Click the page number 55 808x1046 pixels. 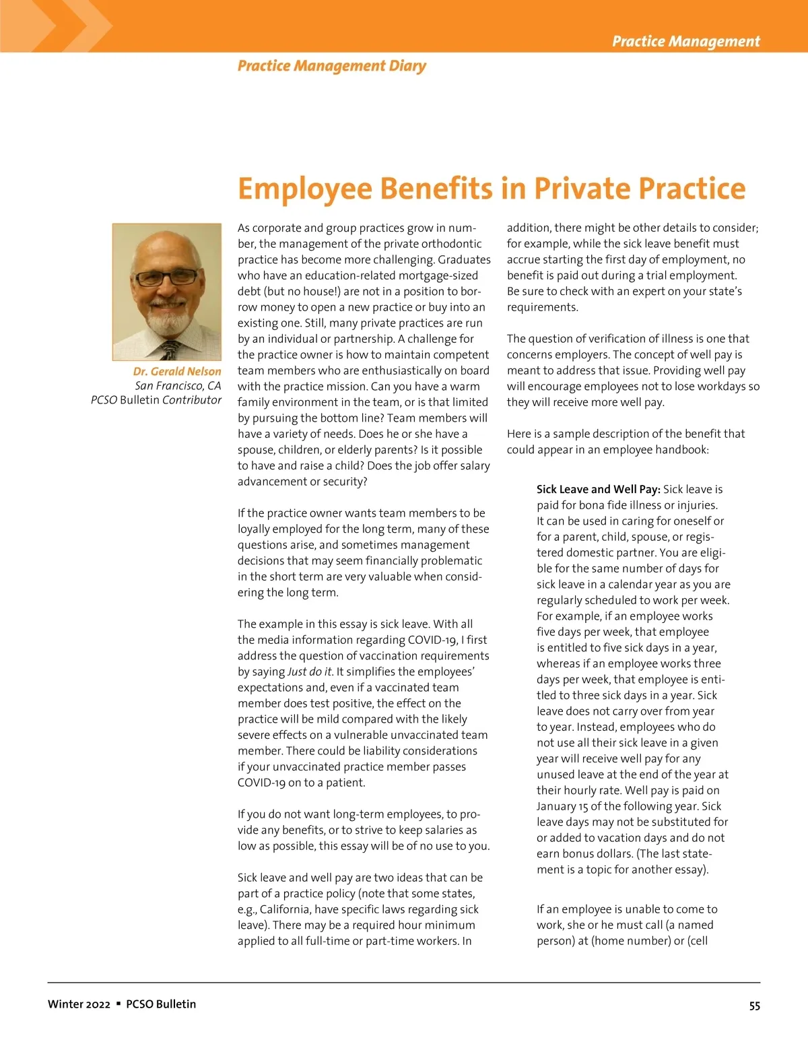tap(754, 1006)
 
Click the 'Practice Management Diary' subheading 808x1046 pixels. tap(331, 66)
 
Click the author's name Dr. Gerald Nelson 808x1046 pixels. tap(176, 371)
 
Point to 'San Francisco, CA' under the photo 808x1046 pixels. tap(178, 386)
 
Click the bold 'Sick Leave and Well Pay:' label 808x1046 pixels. tap(598, 490)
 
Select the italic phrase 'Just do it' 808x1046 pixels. tap(309, 672)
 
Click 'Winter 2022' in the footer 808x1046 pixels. tap(79, 1004)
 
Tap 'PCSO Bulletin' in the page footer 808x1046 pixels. tap(161, 1004)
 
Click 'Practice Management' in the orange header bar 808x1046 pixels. tap(685, 42)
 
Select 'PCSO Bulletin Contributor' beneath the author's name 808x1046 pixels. tap(156, 400)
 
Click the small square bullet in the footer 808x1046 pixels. tap(119, 1004)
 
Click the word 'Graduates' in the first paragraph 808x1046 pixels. tap(464, 260)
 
